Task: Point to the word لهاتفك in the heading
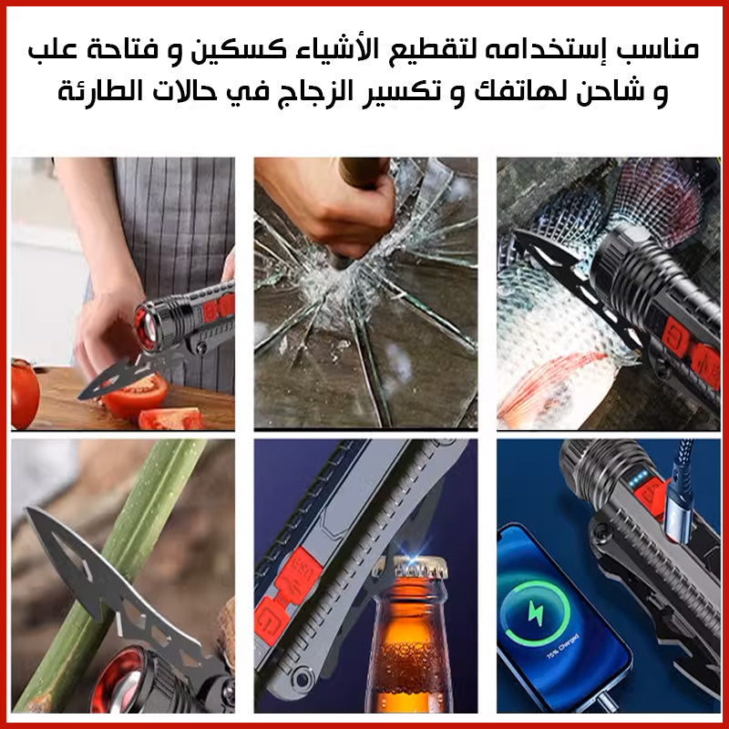click(x=519, y=91)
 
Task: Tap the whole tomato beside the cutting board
click(x=25, y=393)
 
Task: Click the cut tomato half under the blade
click(x=135, y=396)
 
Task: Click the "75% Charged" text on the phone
click(x=562, y=646)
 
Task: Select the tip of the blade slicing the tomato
click(x=79, y=397)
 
